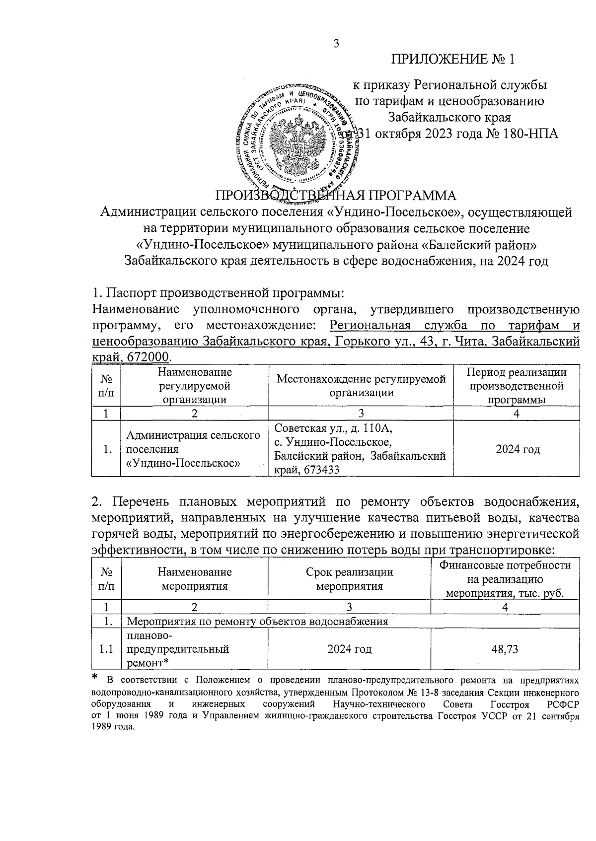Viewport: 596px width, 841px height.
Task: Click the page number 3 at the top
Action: (336, 44)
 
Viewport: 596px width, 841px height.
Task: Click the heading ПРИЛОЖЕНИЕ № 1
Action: (452, 60)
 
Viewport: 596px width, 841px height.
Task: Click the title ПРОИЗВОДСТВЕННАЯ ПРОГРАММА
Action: (335, 194)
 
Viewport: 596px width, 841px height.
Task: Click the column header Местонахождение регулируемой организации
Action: (361, 386)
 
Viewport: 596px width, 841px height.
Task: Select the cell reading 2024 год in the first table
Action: (517, 449)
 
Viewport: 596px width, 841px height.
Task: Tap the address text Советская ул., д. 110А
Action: (336, 427)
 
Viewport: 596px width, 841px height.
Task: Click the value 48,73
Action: (505, 649)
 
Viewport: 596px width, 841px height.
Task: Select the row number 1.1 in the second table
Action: (106, 649)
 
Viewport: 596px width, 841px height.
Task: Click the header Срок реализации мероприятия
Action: (349, 579)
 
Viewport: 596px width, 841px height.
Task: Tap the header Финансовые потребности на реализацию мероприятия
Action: (505, 579)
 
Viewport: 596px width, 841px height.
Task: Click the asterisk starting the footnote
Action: (95, 677)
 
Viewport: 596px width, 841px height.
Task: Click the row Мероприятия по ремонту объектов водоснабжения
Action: (258, 621)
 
